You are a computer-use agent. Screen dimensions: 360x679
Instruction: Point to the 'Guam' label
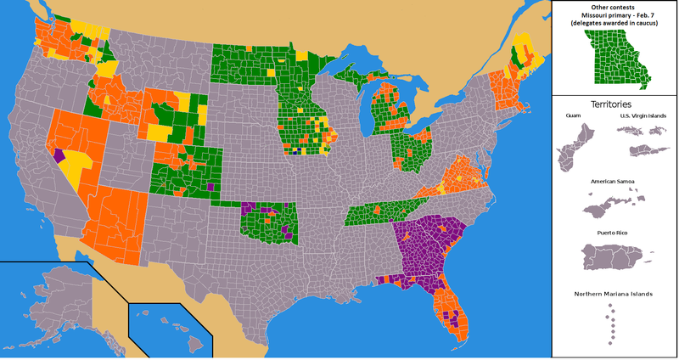coord(571,115)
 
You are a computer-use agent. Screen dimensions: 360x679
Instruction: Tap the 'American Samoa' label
coord(614,182)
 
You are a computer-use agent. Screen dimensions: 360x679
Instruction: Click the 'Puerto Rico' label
coord(614,231)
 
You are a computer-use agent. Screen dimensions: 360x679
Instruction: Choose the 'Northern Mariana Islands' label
coord(614,294)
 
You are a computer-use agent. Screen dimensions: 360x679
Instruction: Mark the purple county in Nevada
coord(59,155)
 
